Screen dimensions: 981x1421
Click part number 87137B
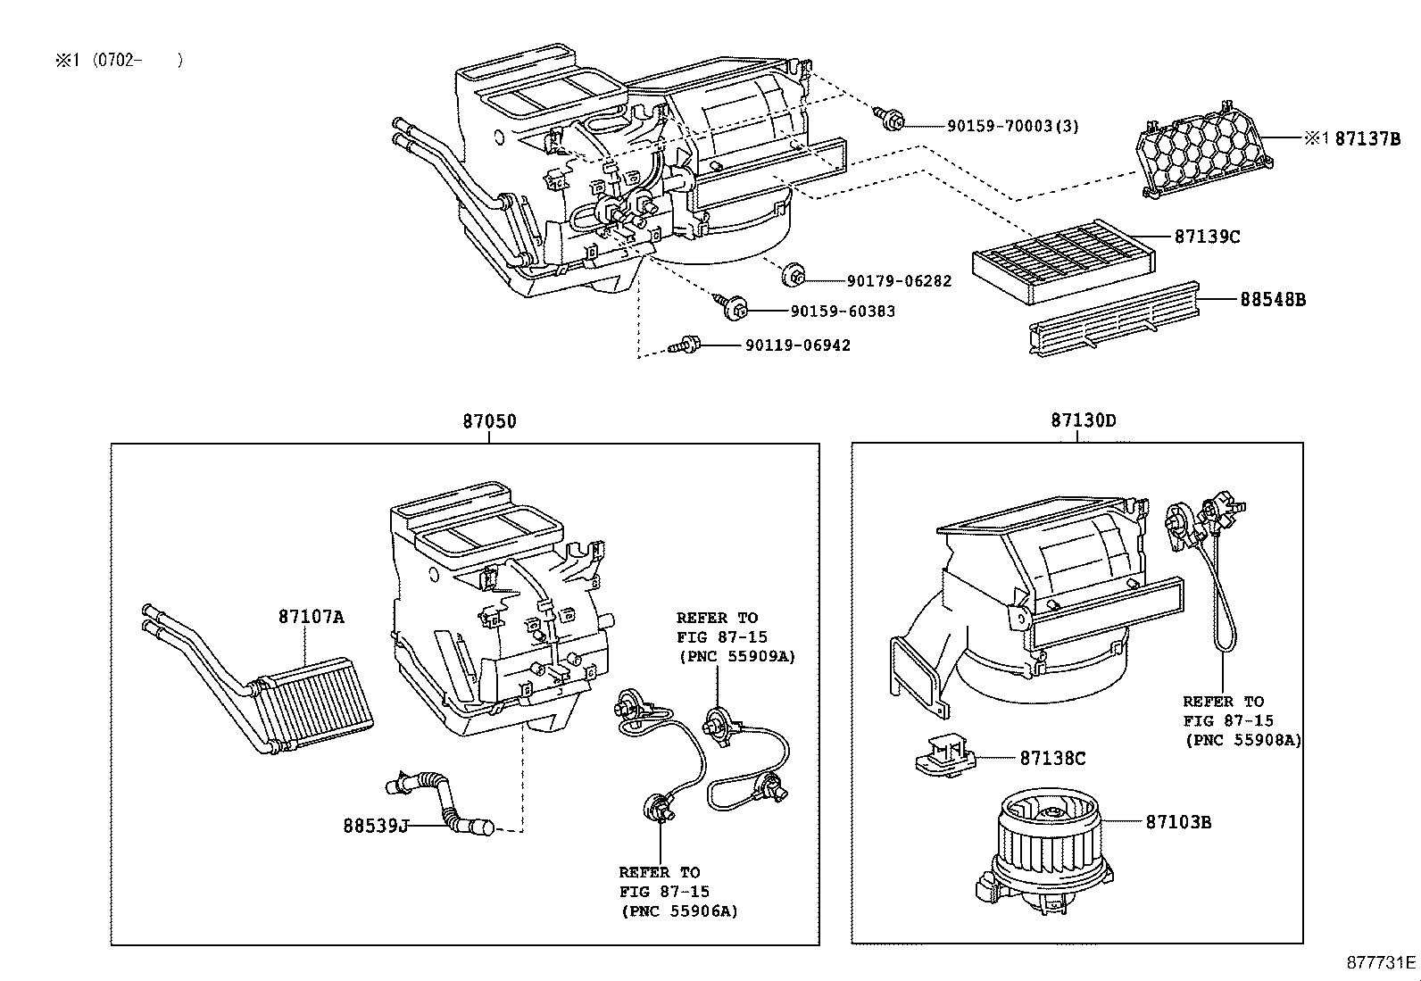[x=1367, y=138]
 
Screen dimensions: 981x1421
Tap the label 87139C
[x=1207, y=237]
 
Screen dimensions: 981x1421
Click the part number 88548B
[x=1272, y=300]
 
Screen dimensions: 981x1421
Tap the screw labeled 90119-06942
[x=689, y=344]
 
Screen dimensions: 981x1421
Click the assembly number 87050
[x=489, y=421]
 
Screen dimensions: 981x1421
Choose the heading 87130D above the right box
[x=1083, y=420]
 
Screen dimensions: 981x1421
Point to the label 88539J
[x=375, y=826]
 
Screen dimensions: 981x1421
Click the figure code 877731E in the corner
[x=1381, y=963]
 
